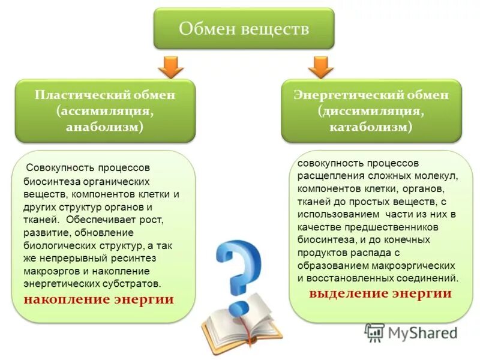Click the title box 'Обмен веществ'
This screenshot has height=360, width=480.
tap(244, 28)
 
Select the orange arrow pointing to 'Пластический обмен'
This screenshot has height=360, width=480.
tap(171, 67)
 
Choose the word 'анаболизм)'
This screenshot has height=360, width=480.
tap(105, 127)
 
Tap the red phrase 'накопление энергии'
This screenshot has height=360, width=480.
tap(99, 299)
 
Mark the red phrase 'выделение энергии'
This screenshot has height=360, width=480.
tap(380, 293)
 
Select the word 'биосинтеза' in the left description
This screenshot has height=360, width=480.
tap(49, 181)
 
